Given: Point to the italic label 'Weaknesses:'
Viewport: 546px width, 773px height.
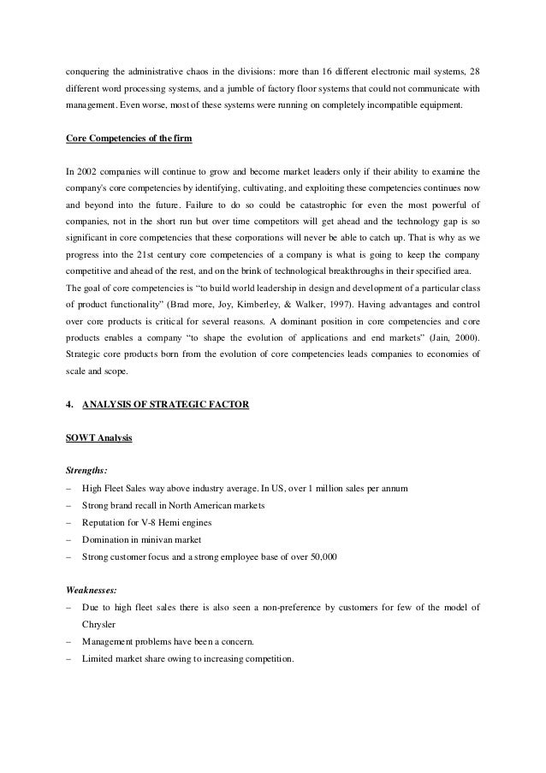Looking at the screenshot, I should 95,589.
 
